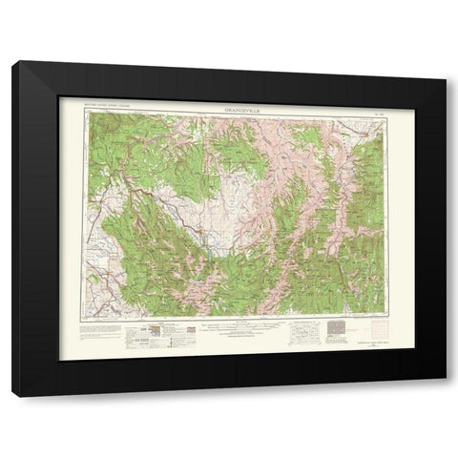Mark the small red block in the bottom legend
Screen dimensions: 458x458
191,328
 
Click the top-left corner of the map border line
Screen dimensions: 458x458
84,115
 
